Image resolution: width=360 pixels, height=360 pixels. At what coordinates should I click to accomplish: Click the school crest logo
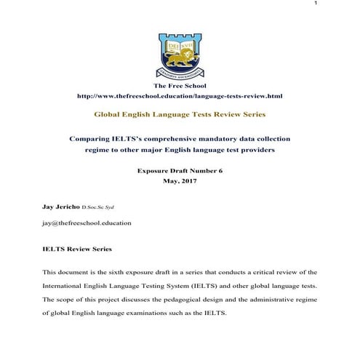point(180,54)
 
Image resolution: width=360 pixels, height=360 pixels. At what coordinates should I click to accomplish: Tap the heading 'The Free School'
point(180,87)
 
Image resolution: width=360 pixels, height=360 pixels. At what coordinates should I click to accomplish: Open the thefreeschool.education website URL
point(180,96)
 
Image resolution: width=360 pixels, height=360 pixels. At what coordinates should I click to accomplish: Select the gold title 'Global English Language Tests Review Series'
point(180,115)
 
